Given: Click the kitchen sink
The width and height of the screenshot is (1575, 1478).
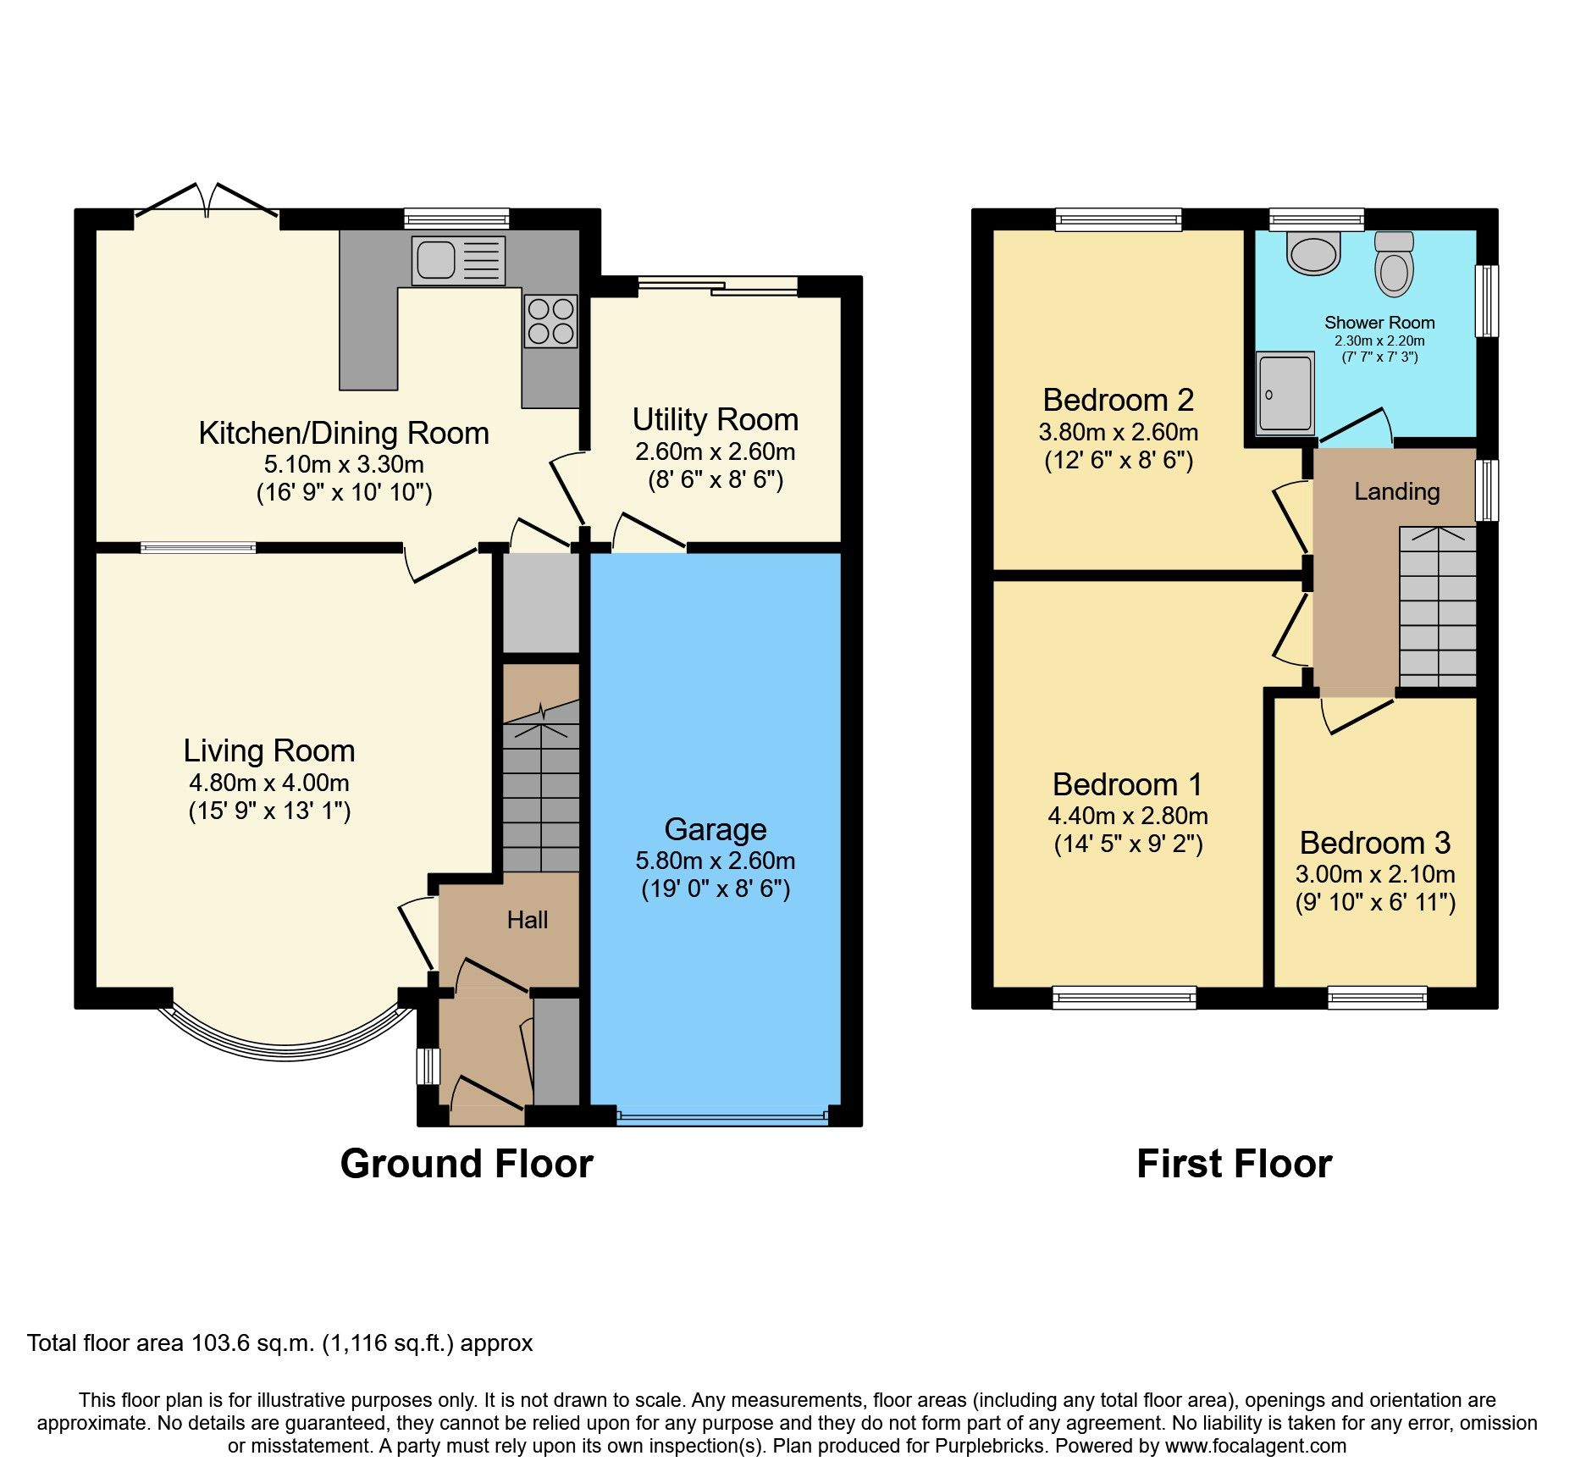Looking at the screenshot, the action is coord(458,260).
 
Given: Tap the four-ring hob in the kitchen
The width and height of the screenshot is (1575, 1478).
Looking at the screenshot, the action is coord(550,321).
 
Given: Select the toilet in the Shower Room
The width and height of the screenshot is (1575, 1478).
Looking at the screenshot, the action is coord(1394,263).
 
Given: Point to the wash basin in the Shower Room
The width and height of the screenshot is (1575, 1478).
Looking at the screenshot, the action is coord(1313,252).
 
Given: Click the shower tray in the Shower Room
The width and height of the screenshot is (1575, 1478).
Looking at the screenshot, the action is coord(1285,393).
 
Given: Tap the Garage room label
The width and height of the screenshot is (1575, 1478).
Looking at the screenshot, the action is coord(716,829).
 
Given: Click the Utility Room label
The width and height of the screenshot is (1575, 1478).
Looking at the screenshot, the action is coord(716,419).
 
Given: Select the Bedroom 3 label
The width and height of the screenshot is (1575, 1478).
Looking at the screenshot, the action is coord(1375,843).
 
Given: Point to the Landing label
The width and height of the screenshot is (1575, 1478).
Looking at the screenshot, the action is coord(1397,492).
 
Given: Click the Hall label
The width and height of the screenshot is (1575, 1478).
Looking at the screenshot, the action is coord(528,920).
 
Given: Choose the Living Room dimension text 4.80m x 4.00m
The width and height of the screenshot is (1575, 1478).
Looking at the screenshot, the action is coord(269,783).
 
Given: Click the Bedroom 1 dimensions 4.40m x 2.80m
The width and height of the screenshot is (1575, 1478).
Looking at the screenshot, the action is coord(1128,816).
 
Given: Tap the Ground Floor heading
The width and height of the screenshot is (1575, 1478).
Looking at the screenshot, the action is coord(467,1164).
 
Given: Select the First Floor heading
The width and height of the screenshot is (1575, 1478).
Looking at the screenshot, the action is coord(1235,1164).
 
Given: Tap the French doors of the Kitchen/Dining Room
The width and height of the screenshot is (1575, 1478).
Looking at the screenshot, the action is coord(207,204).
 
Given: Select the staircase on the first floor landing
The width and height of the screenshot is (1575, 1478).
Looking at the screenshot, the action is coord(1438,606).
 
